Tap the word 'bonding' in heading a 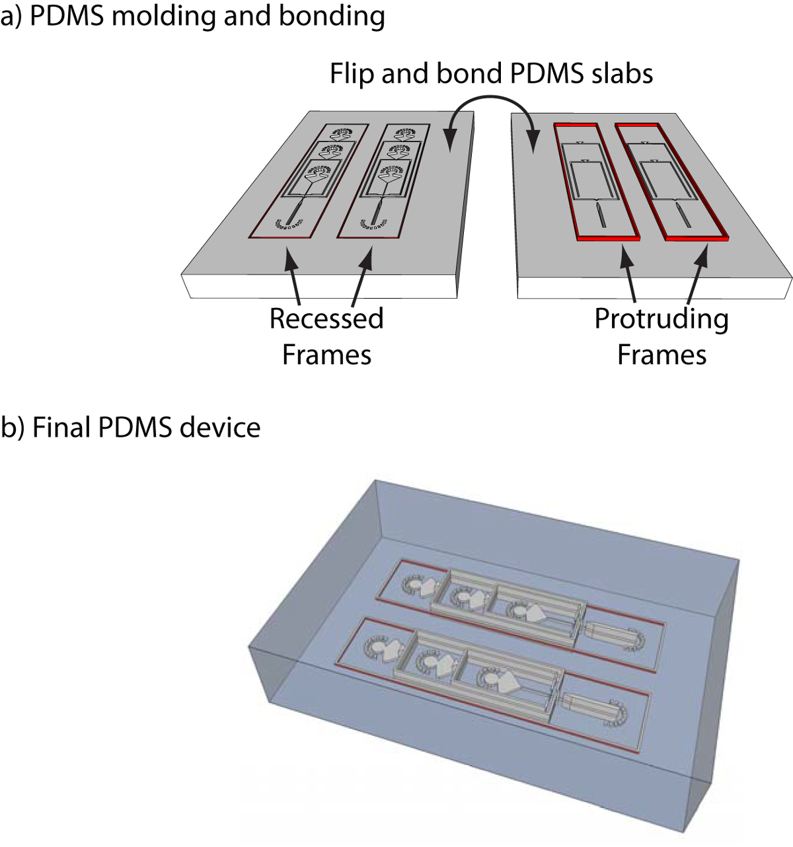(332, 18)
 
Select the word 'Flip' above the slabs (352, 74)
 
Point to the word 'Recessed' (326, 318)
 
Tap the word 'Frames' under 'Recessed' (326, 355)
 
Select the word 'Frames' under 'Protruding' (661, 355)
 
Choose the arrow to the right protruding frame (697, 274)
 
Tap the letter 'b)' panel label (13, 427)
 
